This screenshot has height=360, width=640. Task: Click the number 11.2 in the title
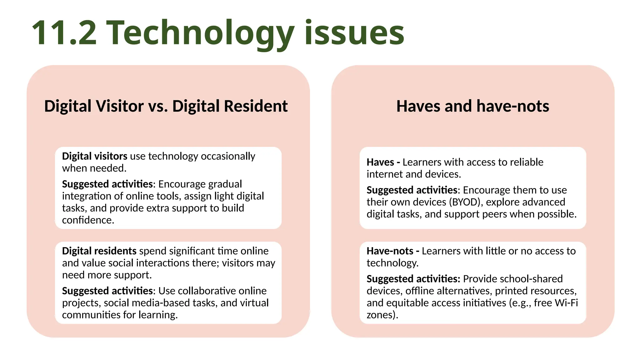64,33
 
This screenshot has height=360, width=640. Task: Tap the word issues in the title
354,33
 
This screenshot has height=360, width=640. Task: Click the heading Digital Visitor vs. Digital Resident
166,106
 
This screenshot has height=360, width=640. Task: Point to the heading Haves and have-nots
472,106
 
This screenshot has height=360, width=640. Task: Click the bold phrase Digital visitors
94,156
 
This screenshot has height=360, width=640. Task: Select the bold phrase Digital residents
99,251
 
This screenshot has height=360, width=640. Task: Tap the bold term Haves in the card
380,162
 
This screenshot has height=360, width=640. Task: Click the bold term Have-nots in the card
390,251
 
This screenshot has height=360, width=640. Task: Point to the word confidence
88,220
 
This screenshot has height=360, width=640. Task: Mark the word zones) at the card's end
382,315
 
